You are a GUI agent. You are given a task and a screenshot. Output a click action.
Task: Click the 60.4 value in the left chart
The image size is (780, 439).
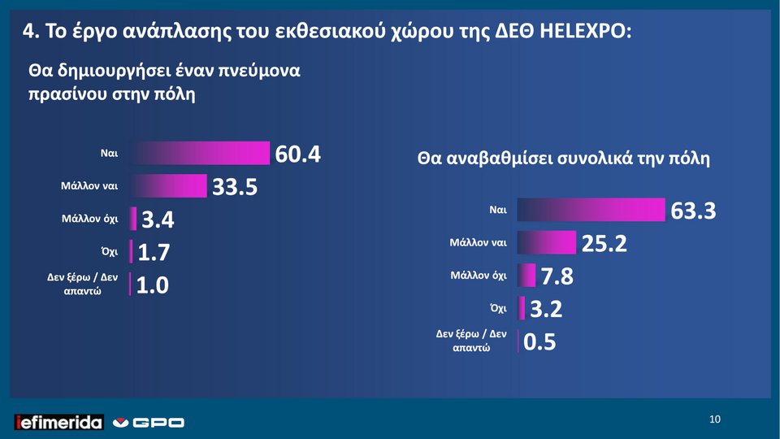pos(299,154)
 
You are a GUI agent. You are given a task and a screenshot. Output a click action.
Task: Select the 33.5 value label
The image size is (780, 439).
pos(235,188)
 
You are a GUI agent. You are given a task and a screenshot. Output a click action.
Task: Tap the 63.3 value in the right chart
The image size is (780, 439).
pos(693,211)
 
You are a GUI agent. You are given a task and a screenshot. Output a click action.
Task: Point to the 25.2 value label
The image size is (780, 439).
pos(604,243)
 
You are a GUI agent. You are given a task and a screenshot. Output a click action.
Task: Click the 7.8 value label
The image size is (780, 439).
pos(557,277)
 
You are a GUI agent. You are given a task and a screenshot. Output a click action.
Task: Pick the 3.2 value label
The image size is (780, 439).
pos(546,310)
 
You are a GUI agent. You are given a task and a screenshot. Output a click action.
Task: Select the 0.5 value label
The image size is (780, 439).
pos(540,342)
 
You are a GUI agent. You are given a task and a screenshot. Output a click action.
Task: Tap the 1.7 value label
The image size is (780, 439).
pos(154,253)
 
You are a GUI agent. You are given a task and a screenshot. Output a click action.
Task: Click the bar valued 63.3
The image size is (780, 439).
pos(591,210)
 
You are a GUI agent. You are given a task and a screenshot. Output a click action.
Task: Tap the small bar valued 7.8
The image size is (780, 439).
pos(526,276)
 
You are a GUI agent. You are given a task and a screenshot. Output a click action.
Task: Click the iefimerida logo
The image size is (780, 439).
pos(58,422)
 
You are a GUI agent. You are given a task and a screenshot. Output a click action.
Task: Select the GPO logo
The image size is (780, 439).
pos(149,423)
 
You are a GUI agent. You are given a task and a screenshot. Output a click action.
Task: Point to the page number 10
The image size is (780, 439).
pos(714,419)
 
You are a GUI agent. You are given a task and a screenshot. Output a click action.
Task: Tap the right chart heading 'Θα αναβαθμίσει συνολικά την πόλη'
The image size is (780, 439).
pos(563,159)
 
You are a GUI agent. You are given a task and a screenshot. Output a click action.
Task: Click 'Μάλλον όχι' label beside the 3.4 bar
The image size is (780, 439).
pos(90,219)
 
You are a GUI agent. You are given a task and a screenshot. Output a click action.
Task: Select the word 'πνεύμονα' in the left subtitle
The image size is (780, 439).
pos(258,69)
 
